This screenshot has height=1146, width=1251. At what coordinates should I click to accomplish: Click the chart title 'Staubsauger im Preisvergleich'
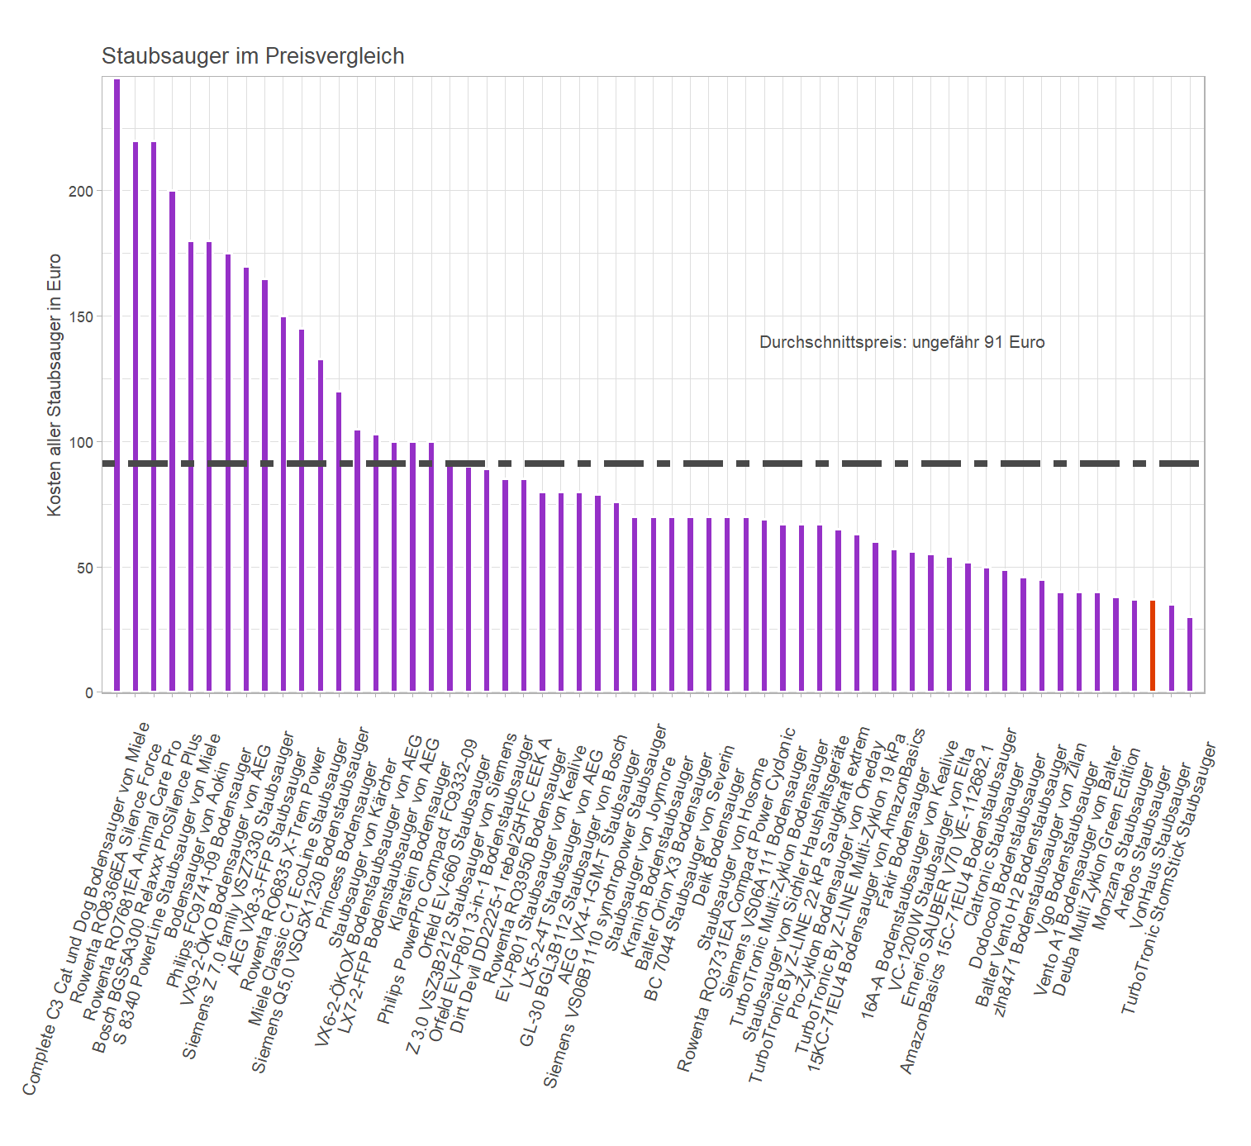tap(253, 56)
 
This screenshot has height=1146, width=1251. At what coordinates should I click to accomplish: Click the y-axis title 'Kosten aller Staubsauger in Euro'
tap(55, 385)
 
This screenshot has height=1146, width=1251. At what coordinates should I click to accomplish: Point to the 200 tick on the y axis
tap(81, 191)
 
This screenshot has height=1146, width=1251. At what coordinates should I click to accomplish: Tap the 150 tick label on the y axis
tap(81, 316)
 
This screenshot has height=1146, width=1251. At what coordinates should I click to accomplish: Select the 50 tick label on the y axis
tap(84, 568)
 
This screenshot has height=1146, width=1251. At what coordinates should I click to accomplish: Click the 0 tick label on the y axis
tap(88, 692)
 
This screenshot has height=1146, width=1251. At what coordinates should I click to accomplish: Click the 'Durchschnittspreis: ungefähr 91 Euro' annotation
tap(901, 342)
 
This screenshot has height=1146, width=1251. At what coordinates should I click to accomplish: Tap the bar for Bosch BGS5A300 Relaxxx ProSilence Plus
tap(172, 441)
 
